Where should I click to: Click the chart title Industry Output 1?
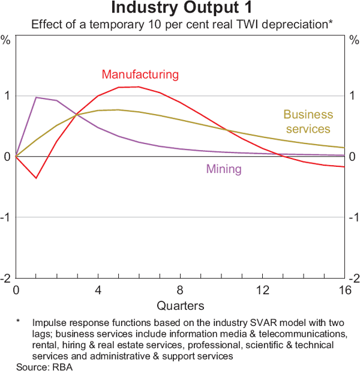coord(179,9)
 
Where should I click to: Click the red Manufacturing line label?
coord(140,74)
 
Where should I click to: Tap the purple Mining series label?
coord(224,169)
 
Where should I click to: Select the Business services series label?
coord(307,121)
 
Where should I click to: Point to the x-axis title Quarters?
coord(180,305)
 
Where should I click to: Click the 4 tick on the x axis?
coord(98,291)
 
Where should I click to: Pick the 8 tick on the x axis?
coord(180,291)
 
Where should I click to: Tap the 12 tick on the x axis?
coord(262,291)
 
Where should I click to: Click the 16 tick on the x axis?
coord(344,291)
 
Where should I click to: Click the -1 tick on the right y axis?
coord(353,217)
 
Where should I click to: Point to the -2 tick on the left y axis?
coord(5,278)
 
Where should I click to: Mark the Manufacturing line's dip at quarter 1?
coord(36,178)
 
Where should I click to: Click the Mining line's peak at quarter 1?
coord(36,97)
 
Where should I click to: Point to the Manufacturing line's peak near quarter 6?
coord(139,87)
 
